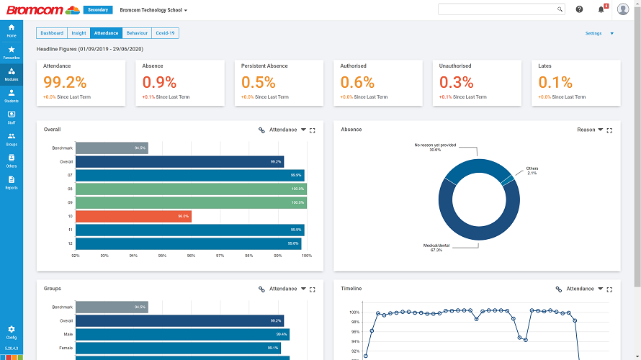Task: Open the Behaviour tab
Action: (x=137, y=33)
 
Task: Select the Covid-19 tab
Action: (x=165, y=33)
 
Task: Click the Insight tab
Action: (x=79, y=33)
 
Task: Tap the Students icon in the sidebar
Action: (x=11, y=95)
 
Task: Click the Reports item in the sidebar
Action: (x=11, y=182)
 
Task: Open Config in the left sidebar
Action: (x=11, y=332)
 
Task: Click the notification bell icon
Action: (x=601, y=9)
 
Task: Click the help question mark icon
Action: (x=579, y=9)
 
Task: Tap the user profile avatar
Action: (x=623, y=9)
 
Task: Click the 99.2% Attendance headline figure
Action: (x=65, y=82)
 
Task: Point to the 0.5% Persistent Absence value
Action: (x=259, y=82)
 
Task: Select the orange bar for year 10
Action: (x=133, y=216)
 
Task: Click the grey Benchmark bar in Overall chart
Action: (x=112, y=148)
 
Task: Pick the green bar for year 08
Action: (x=191, y=189)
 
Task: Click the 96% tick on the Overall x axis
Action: (x=191, y=256)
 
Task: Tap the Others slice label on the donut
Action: (x=532, y=171)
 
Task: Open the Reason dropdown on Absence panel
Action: (x=590, y=130)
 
